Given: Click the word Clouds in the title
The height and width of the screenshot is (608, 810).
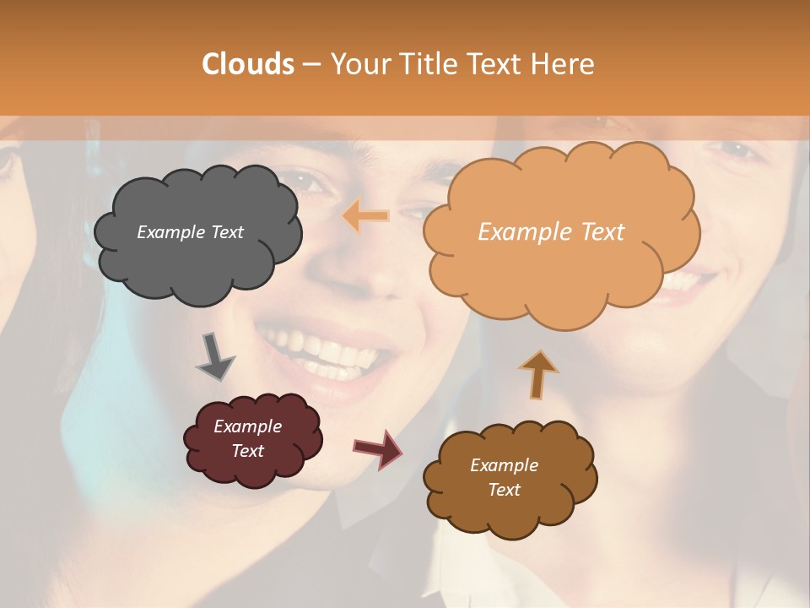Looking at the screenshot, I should tap(248, 63).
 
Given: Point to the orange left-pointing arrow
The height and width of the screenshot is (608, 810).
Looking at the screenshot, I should tap(365, 216).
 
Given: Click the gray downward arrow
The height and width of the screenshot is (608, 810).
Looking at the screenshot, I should tap(215, 356).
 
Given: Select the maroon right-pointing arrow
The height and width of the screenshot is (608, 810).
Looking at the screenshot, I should tap(378, 448).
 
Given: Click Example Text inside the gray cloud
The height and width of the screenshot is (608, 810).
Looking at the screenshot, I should tap(190, 232).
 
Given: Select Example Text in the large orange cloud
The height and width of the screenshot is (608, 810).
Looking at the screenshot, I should tap(551, 232).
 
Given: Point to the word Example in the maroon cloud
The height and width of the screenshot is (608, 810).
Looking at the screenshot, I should tap(247, 426).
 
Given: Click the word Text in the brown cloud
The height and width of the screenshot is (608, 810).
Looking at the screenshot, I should tap(504, 490).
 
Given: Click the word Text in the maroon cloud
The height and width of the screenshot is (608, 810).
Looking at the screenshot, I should tap(247, 451).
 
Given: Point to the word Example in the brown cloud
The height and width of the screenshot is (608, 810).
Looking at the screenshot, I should tap(504, 465).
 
